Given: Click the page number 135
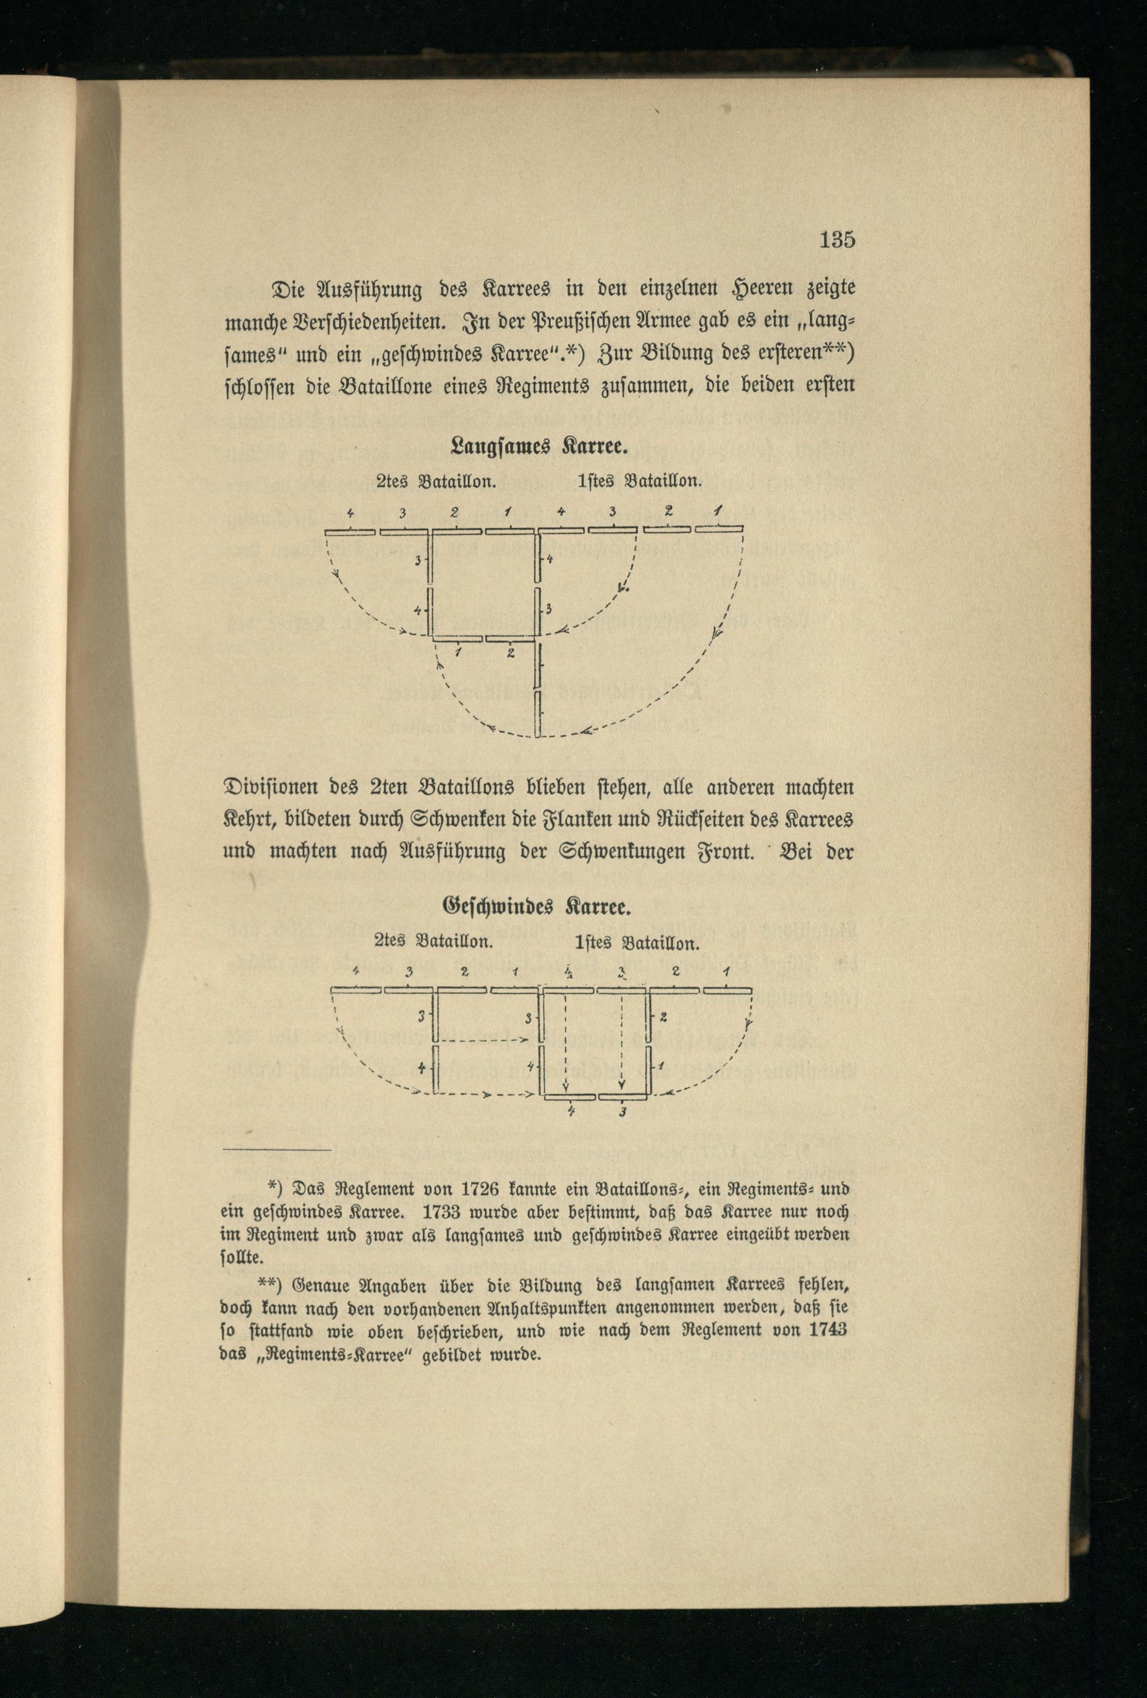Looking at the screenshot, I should (x=837, y=240).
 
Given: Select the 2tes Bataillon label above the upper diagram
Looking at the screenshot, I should (x=436, y=482).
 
